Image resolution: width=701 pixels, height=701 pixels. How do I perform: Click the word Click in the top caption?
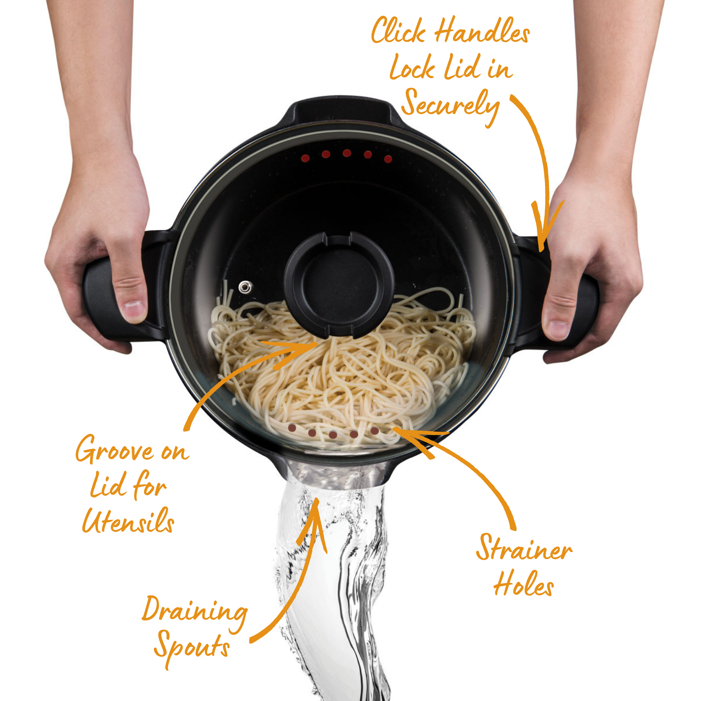(x=398, y=30)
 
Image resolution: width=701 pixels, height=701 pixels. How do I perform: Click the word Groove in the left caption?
(x=114, y=450)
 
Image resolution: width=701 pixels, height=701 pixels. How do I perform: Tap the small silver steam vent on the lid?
(x=245, y=287)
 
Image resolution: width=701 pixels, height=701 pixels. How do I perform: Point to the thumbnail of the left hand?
(x=134, y=311)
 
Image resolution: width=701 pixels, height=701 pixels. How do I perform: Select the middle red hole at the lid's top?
(x=347, y=153)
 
